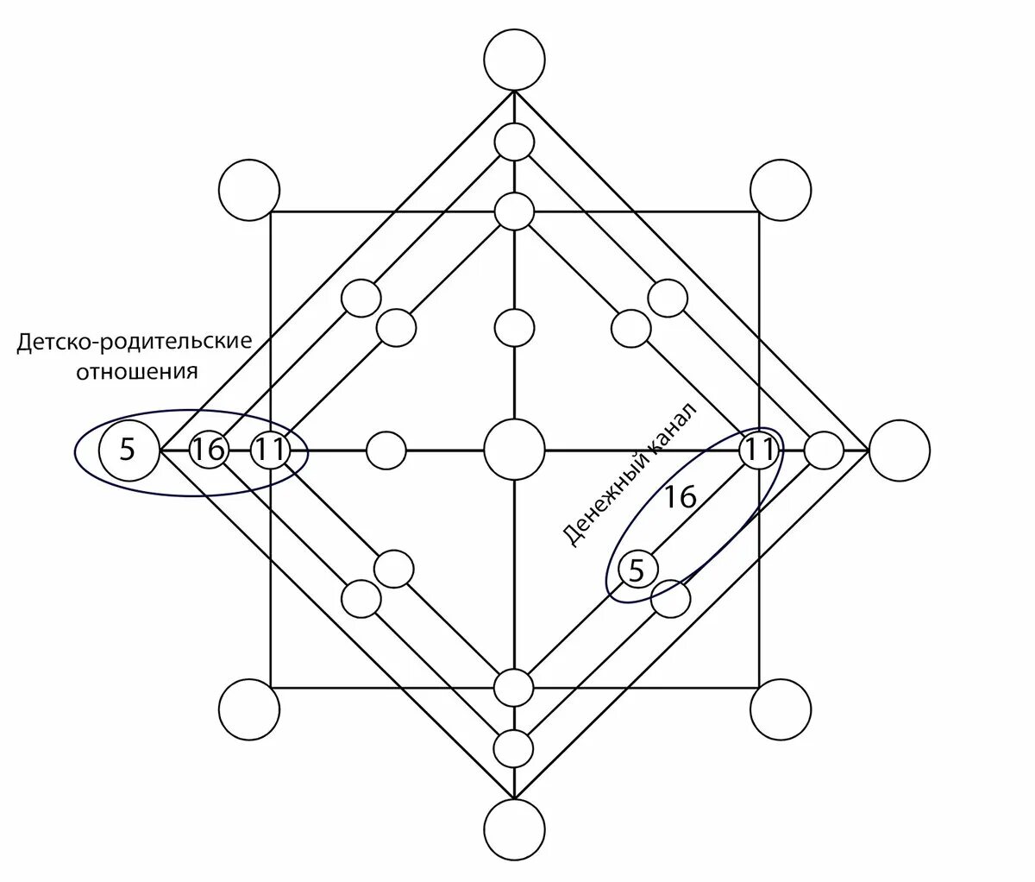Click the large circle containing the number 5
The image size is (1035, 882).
(x=128, y=450)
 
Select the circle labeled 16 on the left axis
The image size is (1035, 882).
(x=205, y=450)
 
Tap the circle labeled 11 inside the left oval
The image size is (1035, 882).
(x=268, y=450)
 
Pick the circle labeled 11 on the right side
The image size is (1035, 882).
(x=759, y=450)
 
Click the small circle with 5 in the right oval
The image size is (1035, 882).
(x=637, y=570)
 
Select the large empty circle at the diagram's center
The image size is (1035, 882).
(x=514, y=450)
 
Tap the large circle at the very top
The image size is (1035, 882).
(x=514, y=59)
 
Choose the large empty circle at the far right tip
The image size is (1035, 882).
(x=900, y=450)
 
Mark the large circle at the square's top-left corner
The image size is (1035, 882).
(x=249, y=190)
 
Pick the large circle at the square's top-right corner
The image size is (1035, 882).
(x=781, y=190)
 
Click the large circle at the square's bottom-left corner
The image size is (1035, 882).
(x=249, y=710)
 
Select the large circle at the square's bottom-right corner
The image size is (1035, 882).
(x=781, y=710)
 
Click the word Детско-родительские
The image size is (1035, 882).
(x=135, y=343)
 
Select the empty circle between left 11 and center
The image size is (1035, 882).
(x=386, y=450)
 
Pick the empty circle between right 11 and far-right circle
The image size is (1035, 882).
(x=824, y=450)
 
